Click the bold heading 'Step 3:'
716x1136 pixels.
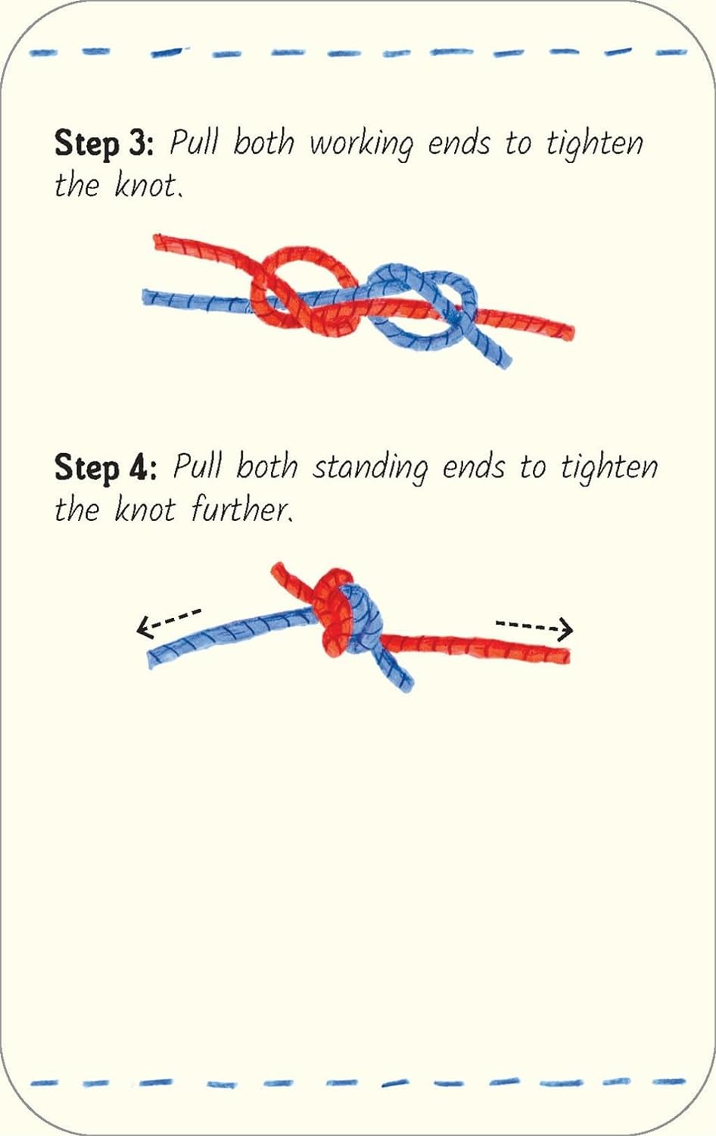[x=104, y=144]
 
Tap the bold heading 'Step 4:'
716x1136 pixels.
[x=105, y=467]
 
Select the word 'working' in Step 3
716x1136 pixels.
[x=361, y=145]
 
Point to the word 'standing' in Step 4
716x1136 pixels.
[x=370, y=469]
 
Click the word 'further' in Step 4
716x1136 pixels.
[x=242, y=509]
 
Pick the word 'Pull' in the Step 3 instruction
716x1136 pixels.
[x=195, y=142]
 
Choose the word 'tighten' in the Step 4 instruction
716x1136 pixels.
[x=609, y=469]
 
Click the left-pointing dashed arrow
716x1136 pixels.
[x=169, y=622]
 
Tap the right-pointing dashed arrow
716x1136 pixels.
[x=534, y=629]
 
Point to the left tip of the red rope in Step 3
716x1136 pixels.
[x=156, y=242]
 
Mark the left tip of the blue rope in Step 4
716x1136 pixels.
[x=151, y=661]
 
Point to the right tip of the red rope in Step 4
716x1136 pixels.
[x=567, y=656]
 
